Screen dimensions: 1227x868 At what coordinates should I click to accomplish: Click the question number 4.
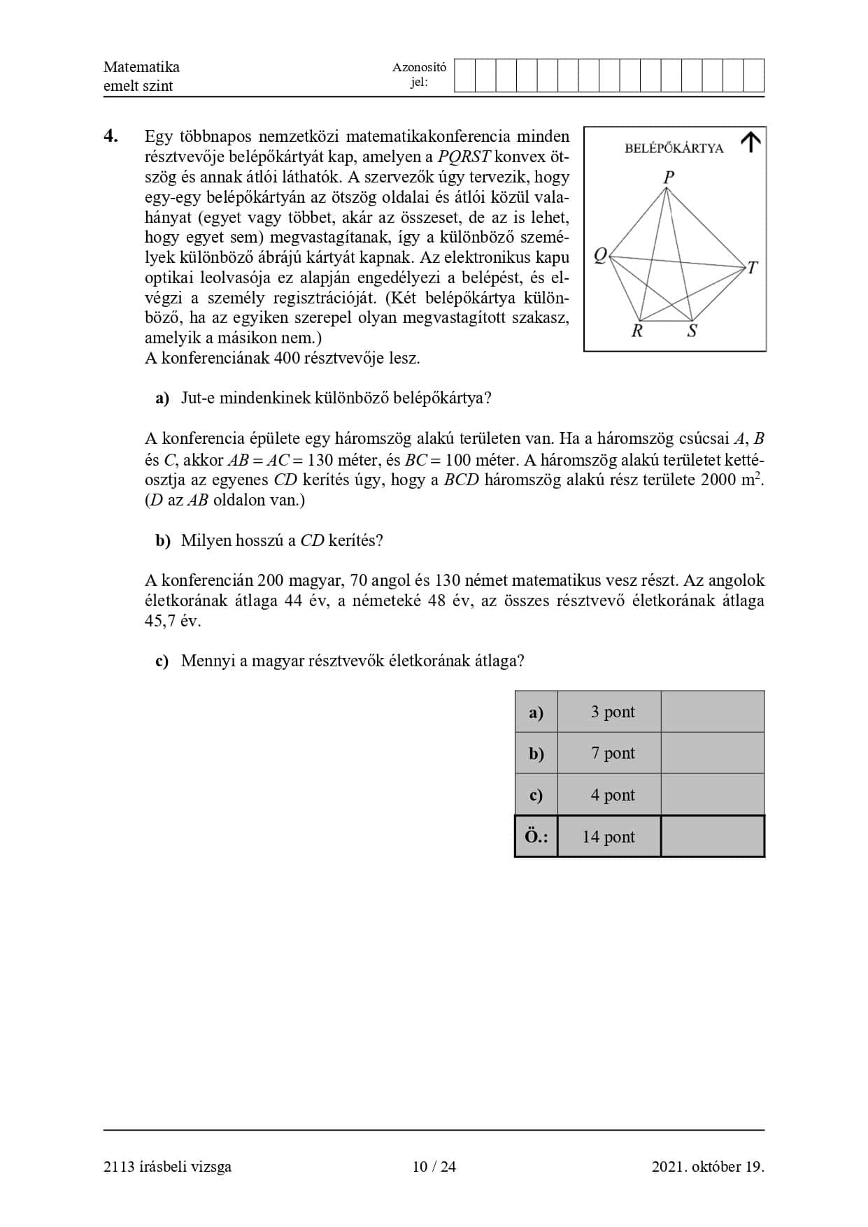pyautogui.click(x=111, y=136)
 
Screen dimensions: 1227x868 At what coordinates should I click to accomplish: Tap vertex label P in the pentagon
pyautogui.click(x=669, y=177)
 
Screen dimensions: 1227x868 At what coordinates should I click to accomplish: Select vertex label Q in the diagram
pyautogui.click(x=600, y=256)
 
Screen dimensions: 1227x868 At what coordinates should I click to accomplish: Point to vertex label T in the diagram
pyautogui.click(x=753, y=268)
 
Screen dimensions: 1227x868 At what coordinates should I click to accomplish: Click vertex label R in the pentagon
pyautogui.click(x=637, y=331)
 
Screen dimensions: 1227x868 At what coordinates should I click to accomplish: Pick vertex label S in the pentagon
pyautogui.click(x=692, y=331)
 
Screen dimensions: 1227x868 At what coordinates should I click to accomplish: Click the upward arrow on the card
pyautogui.click(x=750, y=142)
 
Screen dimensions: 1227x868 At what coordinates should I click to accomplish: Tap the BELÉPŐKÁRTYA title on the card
pyautogui.click(x=674, y=148)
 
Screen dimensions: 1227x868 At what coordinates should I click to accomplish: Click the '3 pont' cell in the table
pyautogui.click(x=612, y=712)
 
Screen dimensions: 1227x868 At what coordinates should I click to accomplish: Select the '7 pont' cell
pyautogui.click(x=612, y=753)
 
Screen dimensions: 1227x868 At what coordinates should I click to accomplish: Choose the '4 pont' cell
pyautogui.click(x=612, y=795)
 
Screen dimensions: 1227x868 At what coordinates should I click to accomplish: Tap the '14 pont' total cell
pyautogui.click(x=609, y=837)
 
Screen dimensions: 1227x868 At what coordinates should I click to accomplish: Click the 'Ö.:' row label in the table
pyautogui.click(x=536, y=837)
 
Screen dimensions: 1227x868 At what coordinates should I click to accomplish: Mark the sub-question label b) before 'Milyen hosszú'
pyautogui.click(x=163, y=541)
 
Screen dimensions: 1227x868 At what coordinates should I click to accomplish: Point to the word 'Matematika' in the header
pyautogui.click(x=141, y=67)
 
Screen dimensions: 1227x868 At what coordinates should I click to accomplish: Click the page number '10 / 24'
pyautogui.click(x=434, y=1166)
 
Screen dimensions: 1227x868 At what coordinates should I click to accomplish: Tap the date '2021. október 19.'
pyautogui.click(x=708, y=1166)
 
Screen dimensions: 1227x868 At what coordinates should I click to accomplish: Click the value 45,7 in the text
pyautogui.click(x=161, y=621)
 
